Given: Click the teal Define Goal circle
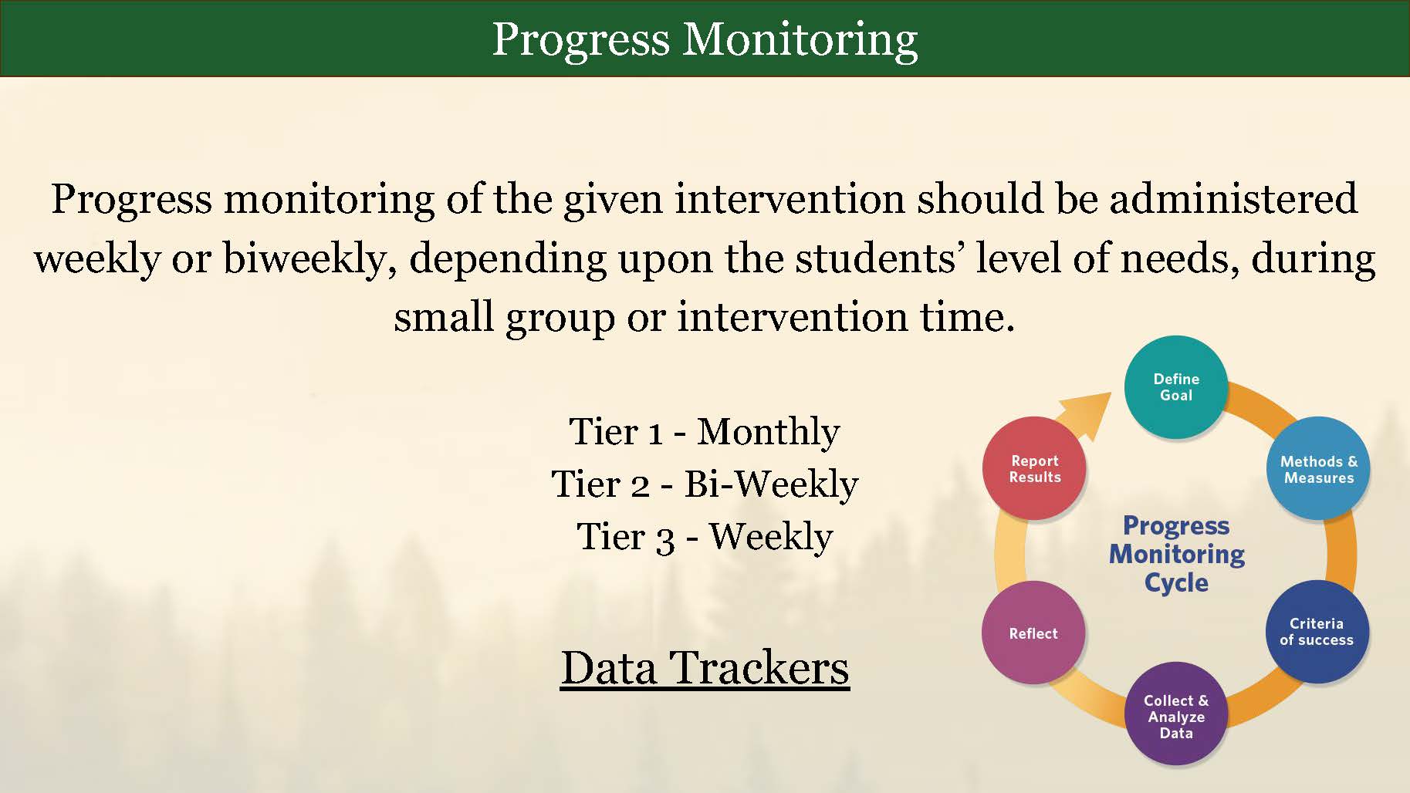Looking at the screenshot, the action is pyautogui.click(x=1175, y=387).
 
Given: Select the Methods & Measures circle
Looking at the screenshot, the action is pyautogui.click(x=1318, y=469).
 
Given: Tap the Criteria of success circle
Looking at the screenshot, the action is pyautogui.click(x=1317, y=632).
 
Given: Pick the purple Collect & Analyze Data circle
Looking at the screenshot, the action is pyautogui.click(x=1175, y=714).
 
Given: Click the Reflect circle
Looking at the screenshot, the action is pyautogui.click(x=1033, y=633).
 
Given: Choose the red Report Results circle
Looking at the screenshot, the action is pyautogui.click(x=1034, y=468).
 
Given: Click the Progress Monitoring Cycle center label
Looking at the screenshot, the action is pyautogui.click(x=1176, y=554).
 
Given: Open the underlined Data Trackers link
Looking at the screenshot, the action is pyautogui.click(x=705, y=668).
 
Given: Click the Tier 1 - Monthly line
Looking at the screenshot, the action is pyautogui.click(x=705, y=432).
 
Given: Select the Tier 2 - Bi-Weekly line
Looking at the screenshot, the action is pyautogui.click(x=705, y=484).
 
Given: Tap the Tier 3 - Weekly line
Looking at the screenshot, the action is pyautogui.click(x=705, y=537).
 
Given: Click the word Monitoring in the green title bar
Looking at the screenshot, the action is pyautogui.click(x=800, y=40).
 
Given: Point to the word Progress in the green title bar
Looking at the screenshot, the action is pyautogui.click(x=580, y=40).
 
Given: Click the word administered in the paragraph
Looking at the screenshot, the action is pyautogui.click(x=1233, y=198).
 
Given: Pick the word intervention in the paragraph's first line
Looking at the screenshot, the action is pyautogui.click(x=790, y=199).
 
